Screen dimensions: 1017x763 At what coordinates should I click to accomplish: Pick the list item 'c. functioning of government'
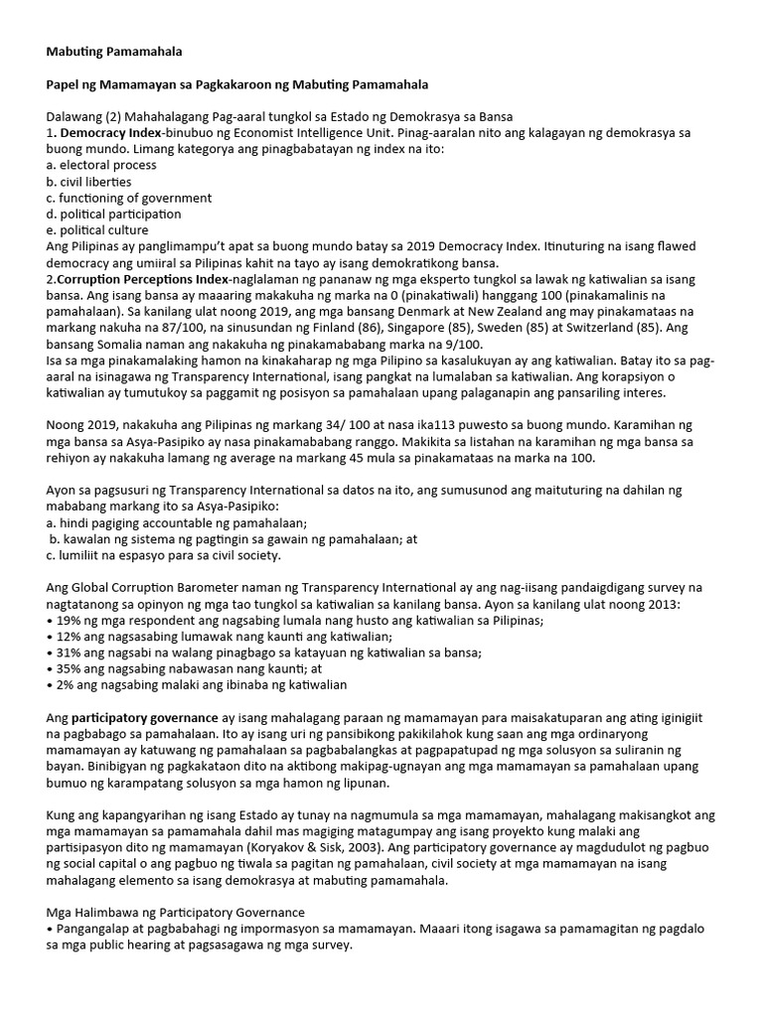(129, 198)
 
